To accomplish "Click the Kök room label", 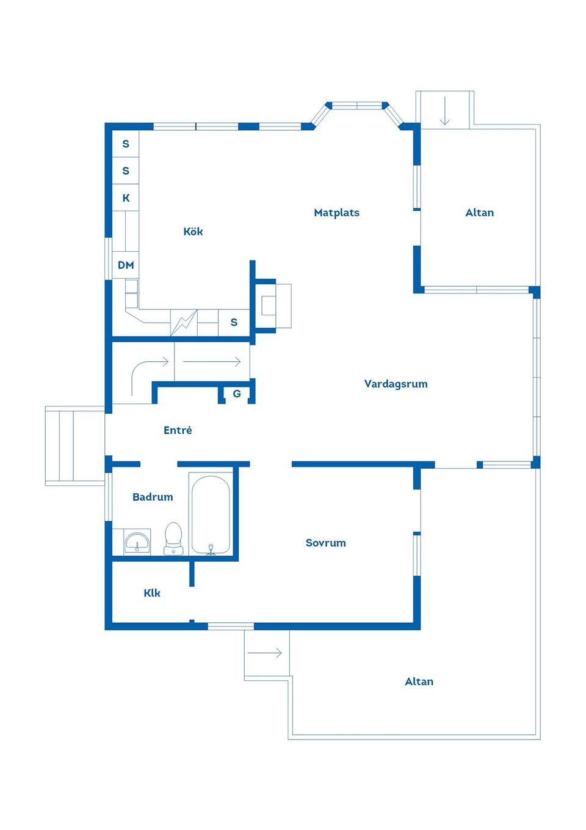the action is click(x=193, y=232).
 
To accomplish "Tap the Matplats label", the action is click(x=337, y=213).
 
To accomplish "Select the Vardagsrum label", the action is click(x=396, y=384).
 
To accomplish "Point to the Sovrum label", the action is click(x=325, y=543).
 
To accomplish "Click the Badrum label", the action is click(x=153, y=497).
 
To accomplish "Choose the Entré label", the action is click(x=178, y=430).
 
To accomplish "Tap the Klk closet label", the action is click(x=152, y=593).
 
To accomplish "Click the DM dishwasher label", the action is click(x=126, y=265).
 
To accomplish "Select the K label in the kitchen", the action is click(x=126, y=198).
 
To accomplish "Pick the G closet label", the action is click(x=237, y=394).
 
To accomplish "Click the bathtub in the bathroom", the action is click(x=211, y=514).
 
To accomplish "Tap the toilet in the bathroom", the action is click(x=173, y=538).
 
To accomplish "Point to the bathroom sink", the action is click(x=137, y=542).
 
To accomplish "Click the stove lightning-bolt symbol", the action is click(x=184, y=323).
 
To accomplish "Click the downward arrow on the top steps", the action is click(x=444, y=111).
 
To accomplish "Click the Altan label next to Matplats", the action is click(x=479, y=213).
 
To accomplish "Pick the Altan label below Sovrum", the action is click(x=419, y=681).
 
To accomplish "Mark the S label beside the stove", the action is click(x=234, y=322).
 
